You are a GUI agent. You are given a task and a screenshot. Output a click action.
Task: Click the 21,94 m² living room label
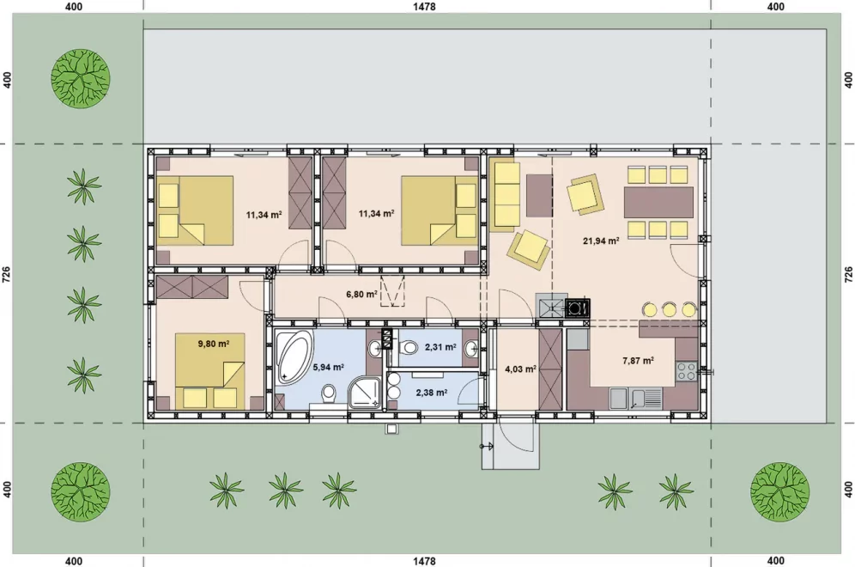click(x=601, y=240)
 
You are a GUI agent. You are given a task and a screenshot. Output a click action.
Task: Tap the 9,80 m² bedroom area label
click(x=213, y=344)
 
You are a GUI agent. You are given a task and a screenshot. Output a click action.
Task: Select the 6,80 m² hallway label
click(x=361, y=294)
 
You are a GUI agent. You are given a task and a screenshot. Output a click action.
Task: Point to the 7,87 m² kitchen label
click(x=638, y=360)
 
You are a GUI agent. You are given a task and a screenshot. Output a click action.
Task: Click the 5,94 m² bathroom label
click(x=328, y=368)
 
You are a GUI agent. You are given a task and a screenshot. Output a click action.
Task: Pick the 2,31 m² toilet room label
click(x=440, y=346)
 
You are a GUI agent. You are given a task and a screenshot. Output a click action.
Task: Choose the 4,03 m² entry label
click(x=520, y=369)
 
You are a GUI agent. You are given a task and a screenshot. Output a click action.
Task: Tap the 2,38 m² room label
click(x=431, y=392)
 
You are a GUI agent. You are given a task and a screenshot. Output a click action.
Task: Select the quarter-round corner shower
click(x=364, y=392)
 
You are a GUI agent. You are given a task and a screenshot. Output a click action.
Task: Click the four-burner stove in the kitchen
click(x=687, y=372)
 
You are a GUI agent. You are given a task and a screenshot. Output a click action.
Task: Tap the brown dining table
click(x=658, y=203)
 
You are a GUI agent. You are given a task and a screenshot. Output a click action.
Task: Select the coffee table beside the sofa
click(x=540, y=195)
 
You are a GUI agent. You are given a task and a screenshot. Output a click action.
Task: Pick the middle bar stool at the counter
click(x=669, y=309)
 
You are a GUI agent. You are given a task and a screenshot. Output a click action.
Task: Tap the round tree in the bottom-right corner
click(x=779, y=491)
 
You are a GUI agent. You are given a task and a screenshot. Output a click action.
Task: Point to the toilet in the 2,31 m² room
click(x=407, y=347)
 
